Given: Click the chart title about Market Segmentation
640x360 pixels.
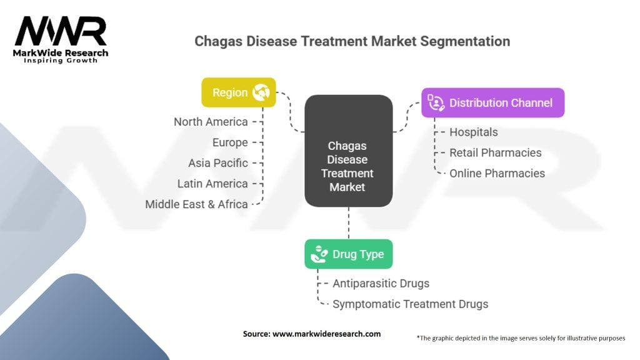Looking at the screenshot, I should pyautogui.click(x=352, y=41).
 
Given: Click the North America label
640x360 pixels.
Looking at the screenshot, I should pyautogui.click(x=211, y=122).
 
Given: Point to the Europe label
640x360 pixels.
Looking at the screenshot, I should pyautogui.click(x=229, y=142).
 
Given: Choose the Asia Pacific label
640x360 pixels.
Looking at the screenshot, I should pyautogui.click(x=218, y=163).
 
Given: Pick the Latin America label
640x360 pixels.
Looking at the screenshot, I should pyautogui.click(x=212, y=184).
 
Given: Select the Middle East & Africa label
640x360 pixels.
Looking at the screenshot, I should pyautogui.click(x=196, y=204).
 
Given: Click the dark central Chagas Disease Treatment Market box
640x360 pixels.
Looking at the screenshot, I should pyautogui.click(x=348, y=151).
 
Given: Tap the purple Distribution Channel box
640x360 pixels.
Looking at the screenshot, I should pyautogui.click(x=492, y=102).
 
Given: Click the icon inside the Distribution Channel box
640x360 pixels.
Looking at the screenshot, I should pyautogui.click(x=436, y=102).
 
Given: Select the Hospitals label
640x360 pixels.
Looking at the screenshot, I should pyautogui.click(x=474, y=132).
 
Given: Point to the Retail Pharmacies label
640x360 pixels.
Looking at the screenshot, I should pyautogui.click(x=496, y=152).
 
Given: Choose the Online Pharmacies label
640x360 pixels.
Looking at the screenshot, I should pyautogui.click(x=497, y=173).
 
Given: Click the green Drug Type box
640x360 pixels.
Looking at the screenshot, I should pyautogui.click(x=348, y=254).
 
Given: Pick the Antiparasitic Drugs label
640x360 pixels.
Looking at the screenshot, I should pyautogui.click(x=381, y=284).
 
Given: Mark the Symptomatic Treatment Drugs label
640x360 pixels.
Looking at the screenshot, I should pyautogui.click(x=410, y=304).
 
